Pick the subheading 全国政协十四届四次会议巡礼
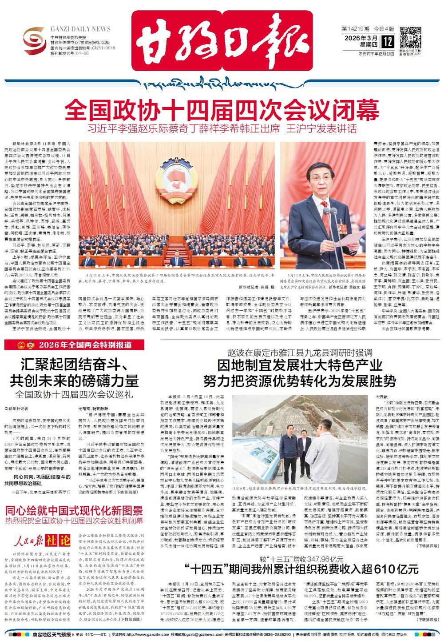pyautogui.click(x=75, y=394)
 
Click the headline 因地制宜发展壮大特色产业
pyautogui.click(x=299, y=366)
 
